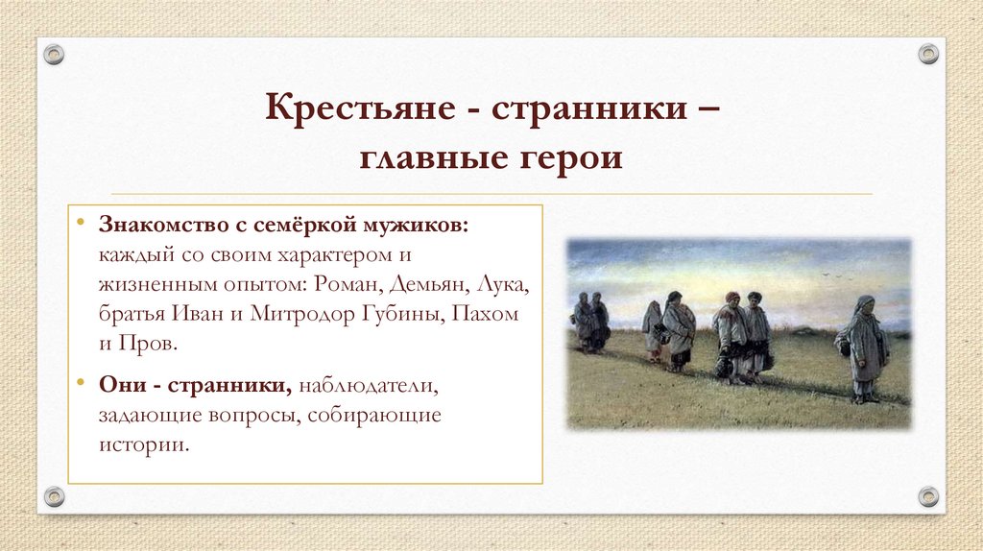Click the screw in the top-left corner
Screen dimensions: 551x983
(55, 55)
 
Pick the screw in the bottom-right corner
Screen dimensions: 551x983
(927, 496)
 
